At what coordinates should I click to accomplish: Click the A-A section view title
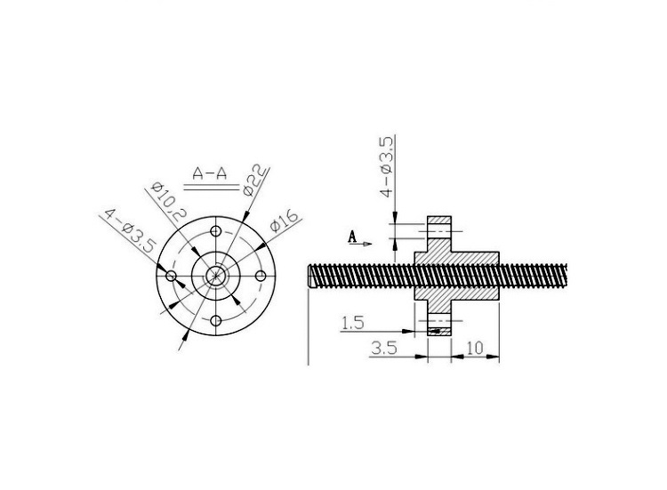(210, 173)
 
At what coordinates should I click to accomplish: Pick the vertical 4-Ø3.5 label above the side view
(387, 167)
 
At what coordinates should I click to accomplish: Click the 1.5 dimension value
(353, 324)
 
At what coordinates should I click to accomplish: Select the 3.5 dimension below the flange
(384, 349)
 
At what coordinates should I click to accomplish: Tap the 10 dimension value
(475, 349)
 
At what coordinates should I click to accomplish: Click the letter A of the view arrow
(352, 237)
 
